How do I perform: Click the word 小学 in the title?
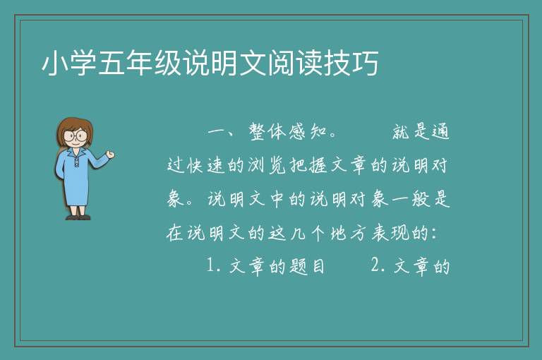(69, 63)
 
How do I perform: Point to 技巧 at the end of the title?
(351, 63)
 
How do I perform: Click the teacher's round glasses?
(76, 135)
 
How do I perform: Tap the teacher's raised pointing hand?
(110, 155)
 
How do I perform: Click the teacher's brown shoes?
(78, 217)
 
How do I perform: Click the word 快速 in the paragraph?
(207, 165)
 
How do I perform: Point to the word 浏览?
(267, 165)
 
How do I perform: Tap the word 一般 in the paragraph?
(411, 199)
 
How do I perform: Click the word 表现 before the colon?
(390, 233)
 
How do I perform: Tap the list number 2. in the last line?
(378, 265)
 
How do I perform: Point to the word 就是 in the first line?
(411, 132)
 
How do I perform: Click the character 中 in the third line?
(277, 199)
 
